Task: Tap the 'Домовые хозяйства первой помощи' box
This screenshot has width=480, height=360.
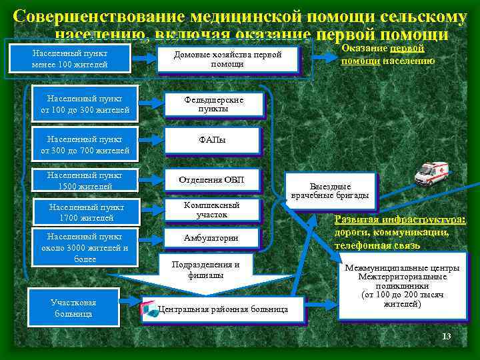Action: [227, 59]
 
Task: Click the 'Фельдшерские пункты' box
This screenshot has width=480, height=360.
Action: [213, 104]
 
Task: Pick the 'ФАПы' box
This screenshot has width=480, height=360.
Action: [212, 141]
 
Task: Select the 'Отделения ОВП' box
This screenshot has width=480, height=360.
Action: [212, 179]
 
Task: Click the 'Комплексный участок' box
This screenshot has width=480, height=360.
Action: [212, 210]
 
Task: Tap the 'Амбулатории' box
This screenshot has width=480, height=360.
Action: [211, 238]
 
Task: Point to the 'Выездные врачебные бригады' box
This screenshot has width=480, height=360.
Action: [329, 191]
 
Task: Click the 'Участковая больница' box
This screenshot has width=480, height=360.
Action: [73, 308]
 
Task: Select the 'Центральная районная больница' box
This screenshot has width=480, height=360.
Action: [223, 309]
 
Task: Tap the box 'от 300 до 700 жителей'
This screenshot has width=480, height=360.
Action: [85, 145]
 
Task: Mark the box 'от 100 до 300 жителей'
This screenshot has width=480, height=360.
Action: [85, 104]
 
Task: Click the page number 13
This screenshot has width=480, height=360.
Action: [446, 336]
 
